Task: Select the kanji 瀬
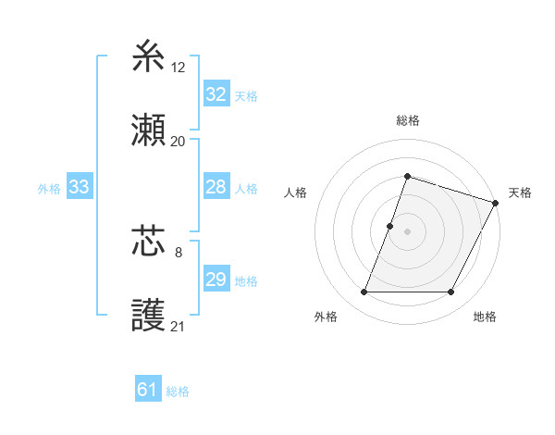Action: (149, 132)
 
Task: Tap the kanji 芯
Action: (149, 242)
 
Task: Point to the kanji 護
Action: (149, 317)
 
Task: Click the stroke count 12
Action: (178, 67)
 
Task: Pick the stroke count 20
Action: (178, 142)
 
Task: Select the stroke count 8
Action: (178, 251)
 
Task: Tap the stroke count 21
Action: (178, 326)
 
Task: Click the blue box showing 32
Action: (216, 94)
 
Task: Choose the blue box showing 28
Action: (216, 187)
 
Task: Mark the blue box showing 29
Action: (216, 280)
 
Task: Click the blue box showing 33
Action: (79, 187)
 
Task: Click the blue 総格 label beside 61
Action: (178, 391)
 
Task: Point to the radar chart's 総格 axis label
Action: (407, 121)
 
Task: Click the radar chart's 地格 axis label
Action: (485, 317)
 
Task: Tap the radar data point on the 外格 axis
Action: (364, 292)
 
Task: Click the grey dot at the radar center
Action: (407, 230)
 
